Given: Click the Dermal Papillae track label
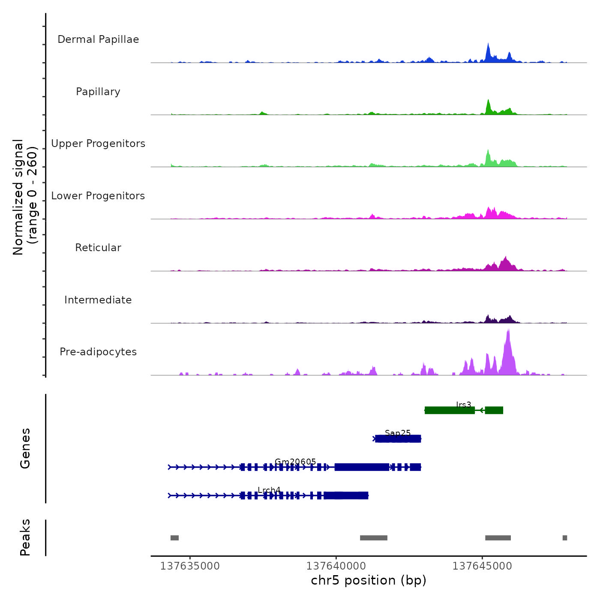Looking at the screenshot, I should (98, 39).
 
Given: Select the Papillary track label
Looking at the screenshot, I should (98, 92).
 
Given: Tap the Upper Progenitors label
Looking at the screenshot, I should (98, 144).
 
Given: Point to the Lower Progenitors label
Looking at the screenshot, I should (98, 196).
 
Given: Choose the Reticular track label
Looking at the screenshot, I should (98, 248).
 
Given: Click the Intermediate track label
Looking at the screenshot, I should (98, 300).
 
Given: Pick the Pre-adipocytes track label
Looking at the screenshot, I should (98, 352).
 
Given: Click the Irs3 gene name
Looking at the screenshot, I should (463, 405).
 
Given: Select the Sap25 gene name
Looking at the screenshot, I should (398, 433).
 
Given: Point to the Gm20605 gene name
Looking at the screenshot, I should (295, 462).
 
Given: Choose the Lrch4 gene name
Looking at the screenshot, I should (269, 490).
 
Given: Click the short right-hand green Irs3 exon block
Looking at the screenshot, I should (494, 410).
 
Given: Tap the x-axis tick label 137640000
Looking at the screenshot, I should (336, 566).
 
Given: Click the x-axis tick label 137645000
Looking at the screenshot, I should (482, 566).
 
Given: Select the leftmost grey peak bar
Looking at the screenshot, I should (174, 538).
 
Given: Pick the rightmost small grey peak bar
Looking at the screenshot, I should (565, 538).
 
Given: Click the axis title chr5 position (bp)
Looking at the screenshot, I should (369, 580).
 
